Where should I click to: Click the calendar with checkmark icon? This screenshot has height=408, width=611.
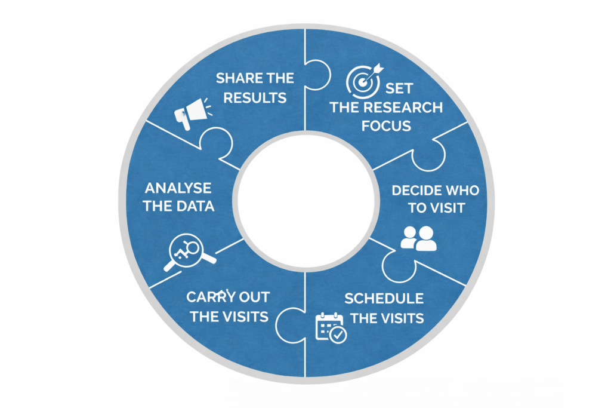[331, 327]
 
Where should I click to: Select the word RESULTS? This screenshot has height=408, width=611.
[255, 97]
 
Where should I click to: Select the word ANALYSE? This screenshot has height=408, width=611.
[178, 188]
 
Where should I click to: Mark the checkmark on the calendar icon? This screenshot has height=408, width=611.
[339, 335]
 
